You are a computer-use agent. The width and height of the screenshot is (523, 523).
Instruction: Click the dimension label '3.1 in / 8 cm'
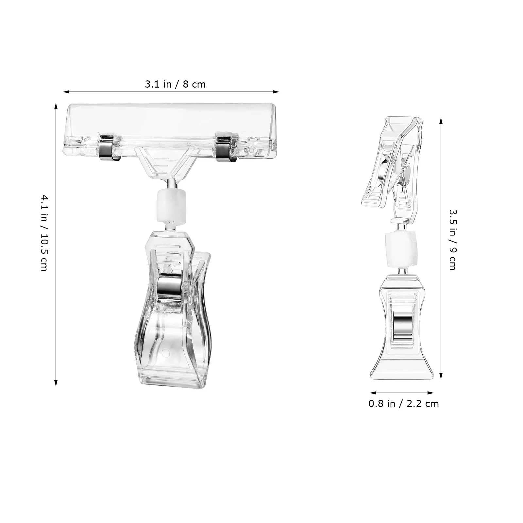pyautogui.click(x=175, y=84)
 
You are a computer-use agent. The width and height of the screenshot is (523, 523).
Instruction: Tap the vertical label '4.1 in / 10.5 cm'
pyautogui.click(x=44, y=233)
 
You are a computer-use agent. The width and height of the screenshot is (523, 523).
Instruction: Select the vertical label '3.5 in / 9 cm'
pyautogui.click(x=452, y=240)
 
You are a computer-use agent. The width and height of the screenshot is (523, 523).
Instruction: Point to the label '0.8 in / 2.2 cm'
pyautogui.click(x=403, y=404)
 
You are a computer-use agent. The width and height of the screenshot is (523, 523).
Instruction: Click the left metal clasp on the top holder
pyautogui.click(x=107, y=146)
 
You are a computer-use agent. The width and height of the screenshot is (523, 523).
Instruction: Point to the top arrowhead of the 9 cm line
pyautogui.click(x=441, y=120)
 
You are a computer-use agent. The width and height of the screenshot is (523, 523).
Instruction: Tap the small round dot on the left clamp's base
pyautogui.click(x=165, y=353)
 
